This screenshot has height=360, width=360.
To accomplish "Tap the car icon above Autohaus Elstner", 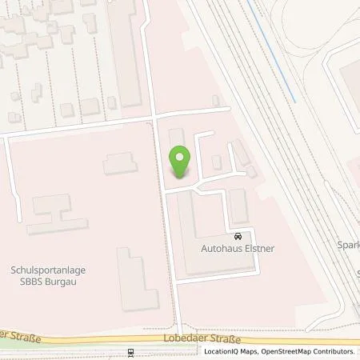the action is click(x=238, y=236).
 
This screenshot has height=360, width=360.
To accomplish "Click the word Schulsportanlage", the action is click(x=49, y=270).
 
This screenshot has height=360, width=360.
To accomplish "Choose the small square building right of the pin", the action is click(x=216, y=162).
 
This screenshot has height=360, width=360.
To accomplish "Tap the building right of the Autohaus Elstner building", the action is click(x=238, y=206).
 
